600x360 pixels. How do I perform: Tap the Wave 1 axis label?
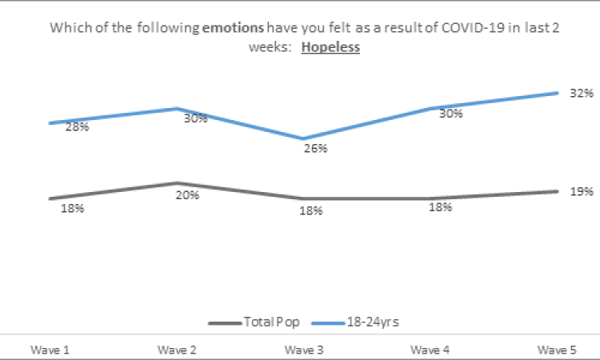(49, 350)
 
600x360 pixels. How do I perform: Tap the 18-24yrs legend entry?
(373, 322)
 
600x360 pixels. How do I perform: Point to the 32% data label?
(580, 93)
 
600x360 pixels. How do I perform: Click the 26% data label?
(315, 148)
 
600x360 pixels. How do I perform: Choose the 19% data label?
(582, 191)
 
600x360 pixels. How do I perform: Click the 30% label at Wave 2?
(195, 118)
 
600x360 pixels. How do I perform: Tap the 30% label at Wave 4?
(450, 114)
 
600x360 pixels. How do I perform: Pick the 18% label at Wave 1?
(73, 209)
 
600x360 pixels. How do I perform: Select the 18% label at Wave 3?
(310, 210)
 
